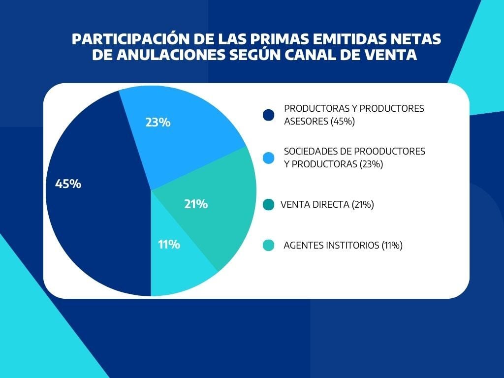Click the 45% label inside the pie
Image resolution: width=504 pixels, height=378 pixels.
click(68, 184)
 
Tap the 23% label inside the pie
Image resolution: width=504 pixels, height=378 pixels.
click(157, 123)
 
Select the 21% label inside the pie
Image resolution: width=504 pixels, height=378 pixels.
click(196, 204)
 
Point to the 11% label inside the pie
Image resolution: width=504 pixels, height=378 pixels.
click(169, 244)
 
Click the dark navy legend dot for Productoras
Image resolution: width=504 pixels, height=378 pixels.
click(269, 115)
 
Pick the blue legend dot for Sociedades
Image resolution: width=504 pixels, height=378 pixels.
click(269, 157)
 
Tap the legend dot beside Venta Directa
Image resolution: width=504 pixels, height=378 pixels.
click(269, 205)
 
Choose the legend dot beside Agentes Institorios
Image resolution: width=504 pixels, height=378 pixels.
click(269, 245)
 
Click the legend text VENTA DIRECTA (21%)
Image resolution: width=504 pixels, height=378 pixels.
click(327, 205)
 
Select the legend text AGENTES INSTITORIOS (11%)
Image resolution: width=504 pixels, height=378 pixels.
click(343, 245)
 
